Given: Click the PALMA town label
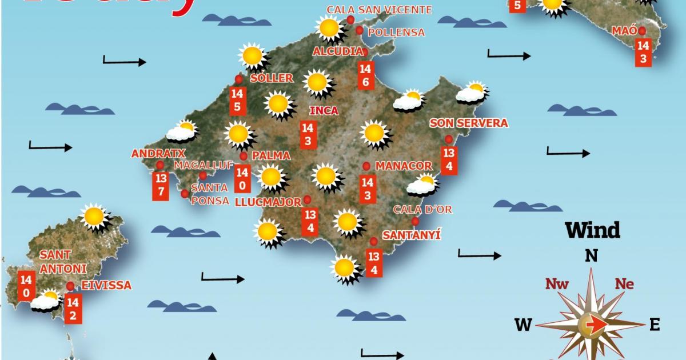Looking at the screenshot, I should point(271,155).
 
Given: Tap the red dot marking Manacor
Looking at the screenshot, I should point(366,166).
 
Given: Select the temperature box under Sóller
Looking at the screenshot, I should point(238,101).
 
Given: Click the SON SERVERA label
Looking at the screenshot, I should point(469,123).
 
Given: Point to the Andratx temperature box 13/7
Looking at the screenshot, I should point(161,186).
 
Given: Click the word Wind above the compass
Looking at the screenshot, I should point(592,230).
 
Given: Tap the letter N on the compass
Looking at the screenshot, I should point(591,255).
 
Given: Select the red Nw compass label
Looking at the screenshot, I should point(557,284).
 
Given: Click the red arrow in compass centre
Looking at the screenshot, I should point(595,325).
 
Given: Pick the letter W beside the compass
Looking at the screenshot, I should point(523,325).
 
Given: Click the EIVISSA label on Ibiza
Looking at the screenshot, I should point(106,285).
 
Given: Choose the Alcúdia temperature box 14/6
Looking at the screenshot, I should point(365,75).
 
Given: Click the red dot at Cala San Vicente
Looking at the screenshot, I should point(350,20).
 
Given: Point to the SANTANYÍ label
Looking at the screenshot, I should point(412,235).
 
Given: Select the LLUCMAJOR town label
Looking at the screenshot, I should point(268,202).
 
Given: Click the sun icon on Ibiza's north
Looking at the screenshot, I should point(94,217).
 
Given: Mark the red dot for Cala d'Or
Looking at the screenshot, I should point(415,221).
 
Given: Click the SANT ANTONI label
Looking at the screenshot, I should point(63,261).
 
